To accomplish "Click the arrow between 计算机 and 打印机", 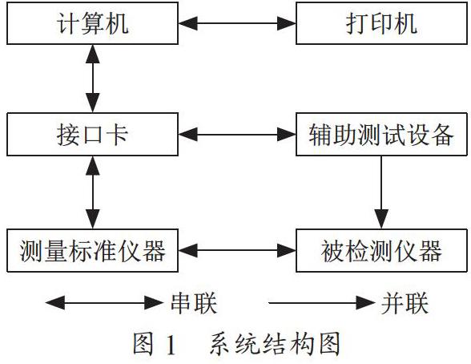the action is coord(237,23).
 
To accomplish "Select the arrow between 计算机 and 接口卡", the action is coord(93,79).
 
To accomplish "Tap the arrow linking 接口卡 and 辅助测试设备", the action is coord(237,135).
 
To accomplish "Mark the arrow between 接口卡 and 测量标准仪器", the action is coord(93,192).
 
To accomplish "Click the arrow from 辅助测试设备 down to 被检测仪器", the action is coord(381,192).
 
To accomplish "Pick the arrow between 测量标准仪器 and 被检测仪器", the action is coord(237,250).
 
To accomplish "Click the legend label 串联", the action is coord(194,303).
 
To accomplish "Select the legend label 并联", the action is coord(405,303).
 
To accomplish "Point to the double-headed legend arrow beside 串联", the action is coord(104,303).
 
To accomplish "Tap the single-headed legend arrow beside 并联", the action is coord(322,303).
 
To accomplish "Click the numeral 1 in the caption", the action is coord(171,344).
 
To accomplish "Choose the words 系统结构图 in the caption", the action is coord(276,344).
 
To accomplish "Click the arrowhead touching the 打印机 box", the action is coord(287,23).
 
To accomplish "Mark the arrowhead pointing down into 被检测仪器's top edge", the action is coord(381,219).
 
